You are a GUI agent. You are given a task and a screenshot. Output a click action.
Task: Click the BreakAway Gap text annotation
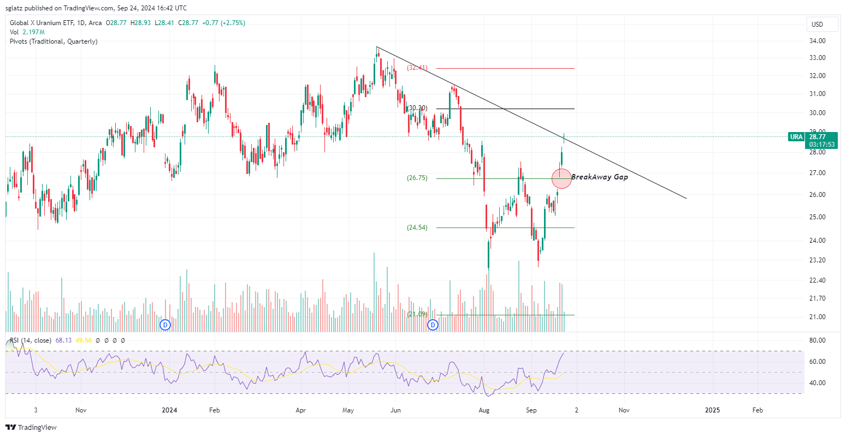[600, 177]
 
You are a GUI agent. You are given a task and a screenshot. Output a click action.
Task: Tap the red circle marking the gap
[562, 178]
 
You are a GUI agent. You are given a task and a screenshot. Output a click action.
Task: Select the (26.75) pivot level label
[417, 178]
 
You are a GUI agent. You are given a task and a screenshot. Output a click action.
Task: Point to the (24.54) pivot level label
[417, 228]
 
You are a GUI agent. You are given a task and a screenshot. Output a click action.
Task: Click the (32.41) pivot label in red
[417, 68]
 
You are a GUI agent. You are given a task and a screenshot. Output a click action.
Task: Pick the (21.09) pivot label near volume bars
[417, 314]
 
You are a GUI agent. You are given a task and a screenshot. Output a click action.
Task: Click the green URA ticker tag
[796, 137]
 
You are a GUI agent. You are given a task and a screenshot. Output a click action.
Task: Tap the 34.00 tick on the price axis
[817, 41]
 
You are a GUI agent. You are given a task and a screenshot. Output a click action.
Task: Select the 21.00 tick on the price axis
[817, 317]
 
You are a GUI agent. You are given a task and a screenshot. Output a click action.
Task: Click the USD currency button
[817, 25]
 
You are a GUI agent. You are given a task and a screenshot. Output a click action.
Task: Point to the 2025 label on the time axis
[712, 410]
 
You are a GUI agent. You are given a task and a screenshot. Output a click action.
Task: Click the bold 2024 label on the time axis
[170, 410]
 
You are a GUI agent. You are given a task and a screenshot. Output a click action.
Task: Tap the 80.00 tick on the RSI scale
[817, 340]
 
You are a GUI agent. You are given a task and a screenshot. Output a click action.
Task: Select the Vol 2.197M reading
[26, 32]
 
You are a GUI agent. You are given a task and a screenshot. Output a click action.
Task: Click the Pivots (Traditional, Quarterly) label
[54, 41]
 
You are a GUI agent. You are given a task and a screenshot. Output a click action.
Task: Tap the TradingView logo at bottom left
[31, 427]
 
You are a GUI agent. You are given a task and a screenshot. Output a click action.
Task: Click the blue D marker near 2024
[165, 325]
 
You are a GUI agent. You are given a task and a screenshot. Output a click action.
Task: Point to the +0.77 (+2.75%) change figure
[223, 23]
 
